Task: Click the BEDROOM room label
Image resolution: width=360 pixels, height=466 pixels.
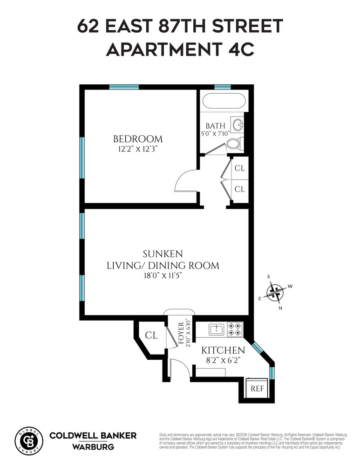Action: click(138, 139)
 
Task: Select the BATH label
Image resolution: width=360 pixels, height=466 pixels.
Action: click(216, 126)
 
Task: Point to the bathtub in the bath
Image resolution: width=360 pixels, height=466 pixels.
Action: click(222, 102)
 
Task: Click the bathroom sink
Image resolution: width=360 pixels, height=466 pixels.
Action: click(238, 125)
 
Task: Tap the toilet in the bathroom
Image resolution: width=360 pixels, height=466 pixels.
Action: click(235, 144)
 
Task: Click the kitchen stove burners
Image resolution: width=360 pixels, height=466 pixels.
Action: click(234, 329)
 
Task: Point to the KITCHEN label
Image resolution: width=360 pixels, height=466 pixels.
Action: click(223, 350)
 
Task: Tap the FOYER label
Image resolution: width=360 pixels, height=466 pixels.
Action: click(182, 332)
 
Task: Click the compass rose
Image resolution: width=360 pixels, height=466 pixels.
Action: click(276, 293)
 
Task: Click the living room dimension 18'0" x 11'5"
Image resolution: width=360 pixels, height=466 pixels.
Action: click(163, 276)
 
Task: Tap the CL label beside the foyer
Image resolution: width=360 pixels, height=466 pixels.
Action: click(150, 335)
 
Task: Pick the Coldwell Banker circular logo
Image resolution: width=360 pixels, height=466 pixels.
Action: click(30, 439)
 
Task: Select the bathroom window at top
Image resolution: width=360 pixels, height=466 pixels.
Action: click(223, 87)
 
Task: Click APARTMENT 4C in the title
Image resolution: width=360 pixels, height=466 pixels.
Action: click(180, 48)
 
